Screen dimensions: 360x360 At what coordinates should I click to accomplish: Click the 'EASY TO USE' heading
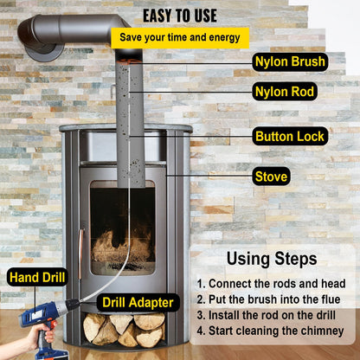coord(180,15)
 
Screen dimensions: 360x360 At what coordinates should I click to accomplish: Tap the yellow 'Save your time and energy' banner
coord(180,38)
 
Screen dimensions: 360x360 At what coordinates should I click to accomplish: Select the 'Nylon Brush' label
coord(290,62)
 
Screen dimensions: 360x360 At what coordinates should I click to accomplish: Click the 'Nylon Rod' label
coord(285,91)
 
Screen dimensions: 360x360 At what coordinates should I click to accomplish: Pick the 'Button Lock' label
coord(290,137)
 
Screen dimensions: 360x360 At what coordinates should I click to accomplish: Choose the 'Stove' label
coord(271,177)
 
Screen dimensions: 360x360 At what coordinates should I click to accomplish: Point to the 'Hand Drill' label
coord(37,278)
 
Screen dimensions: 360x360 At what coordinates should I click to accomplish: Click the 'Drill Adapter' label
coord(140,302)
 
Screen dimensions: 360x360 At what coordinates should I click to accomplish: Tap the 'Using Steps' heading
coord(271,258)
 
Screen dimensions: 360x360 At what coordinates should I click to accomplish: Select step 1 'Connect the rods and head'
coord(271,284)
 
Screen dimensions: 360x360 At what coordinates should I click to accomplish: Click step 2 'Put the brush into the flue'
coord(268,299)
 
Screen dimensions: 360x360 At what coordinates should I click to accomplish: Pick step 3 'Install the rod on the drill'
coord(269,315)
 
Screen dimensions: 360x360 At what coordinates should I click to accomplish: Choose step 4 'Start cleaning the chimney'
coord(270,331)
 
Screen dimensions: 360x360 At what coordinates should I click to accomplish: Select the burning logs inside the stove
coord(121,248)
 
